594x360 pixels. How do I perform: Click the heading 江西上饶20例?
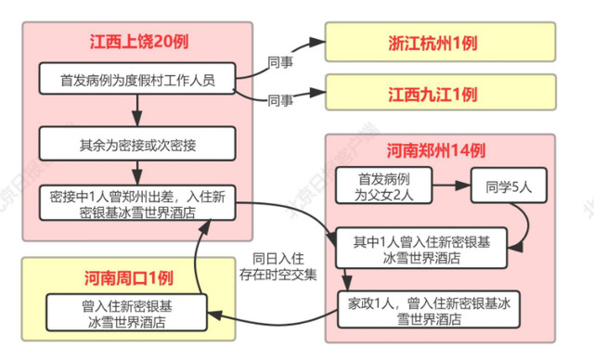point(136,43)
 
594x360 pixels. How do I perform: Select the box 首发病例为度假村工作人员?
point(136,81)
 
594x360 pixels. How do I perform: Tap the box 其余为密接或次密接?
point(136,145)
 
